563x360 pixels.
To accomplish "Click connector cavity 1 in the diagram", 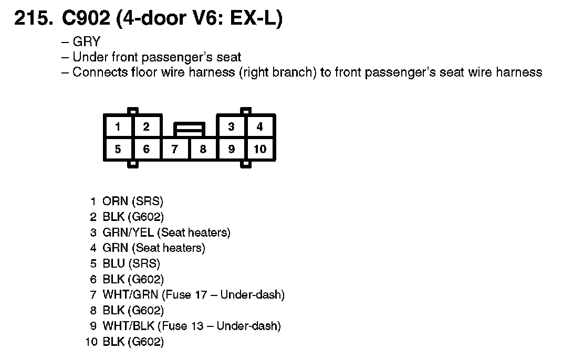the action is point(118,126).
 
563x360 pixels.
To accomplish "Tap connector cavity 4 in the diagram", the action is point(259,126).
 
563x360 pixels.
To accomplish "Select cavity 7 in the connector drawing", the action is point(174,150).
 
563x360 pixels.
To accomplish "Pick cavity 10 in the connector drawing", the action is point(260,150).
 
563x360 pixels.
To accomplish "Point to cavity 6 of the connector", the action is point(146,150).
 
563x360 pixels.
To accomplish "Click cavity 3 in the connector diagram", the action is point(231,126).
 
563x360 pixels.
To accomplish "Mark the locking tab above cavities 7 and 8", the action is point(189,128).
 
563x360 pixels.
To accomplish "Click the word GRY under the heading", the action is point(86,42).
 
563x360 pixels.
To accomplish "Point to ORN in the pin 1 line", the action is point(115,202).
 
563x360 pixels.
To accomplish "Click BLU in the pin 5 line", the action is point(114,264).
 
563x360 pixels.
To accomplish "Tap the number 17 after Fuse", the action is point(201,295).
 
